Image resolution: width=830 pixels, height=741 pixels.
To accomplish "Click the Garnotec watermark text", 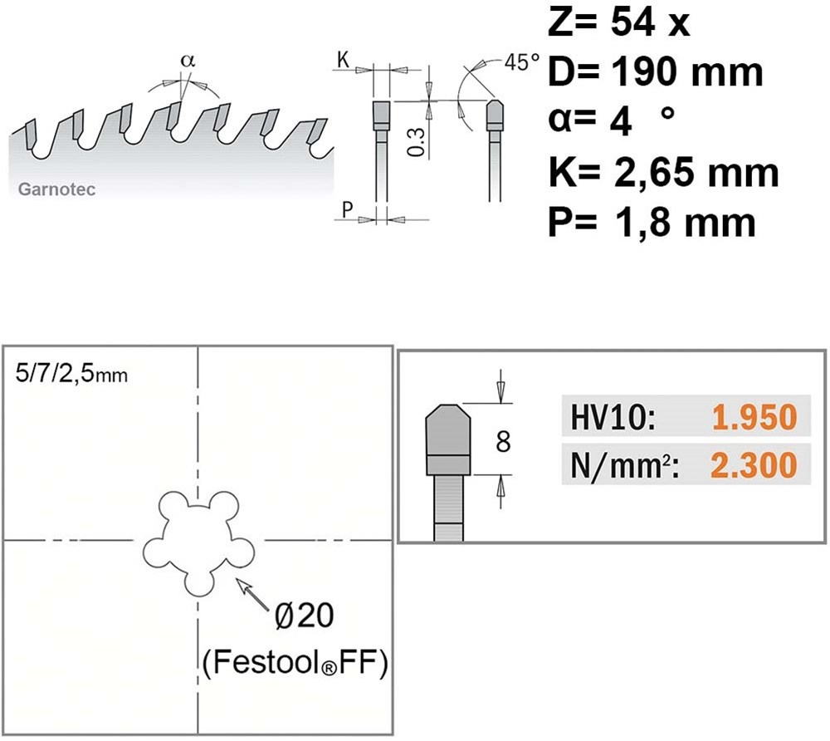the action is click(56, 189).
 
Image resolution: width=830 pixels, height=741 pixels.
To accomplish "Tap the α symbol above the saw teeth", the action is click(188, 61).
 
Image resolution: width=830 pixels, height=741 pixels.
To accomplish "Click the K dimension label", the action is click(343, 61).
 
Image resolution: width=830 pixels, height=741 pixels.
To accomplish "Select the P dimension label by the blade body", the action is click(347, 209).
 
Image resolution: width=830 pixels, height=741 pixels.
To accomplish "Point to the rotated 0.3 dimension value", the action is click(417, 142).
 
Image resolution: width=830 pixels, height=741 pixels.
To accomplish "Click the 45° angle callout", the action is click(522, 62).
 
